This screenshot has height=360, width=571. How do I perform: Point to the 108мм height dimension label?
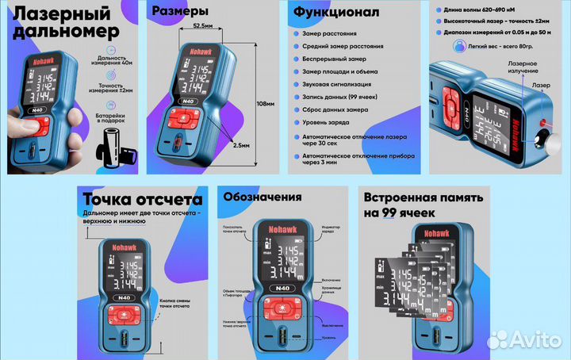point(266,103)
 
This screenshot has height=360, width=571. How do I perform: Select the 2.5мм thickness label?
point(240,146)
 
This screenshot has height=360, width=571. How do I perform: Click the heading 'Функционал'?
point(336,13)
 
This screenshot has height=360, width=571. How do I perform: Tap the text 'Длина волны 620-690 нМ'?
point(481,8)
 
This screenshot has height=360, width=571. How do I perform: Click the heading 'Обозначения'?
point(262,197)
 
